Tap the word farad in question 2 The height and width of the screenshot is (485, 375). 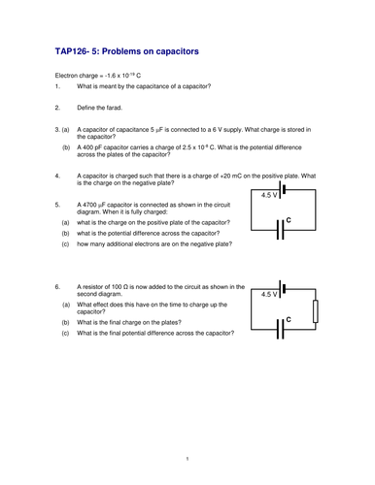(114, 108)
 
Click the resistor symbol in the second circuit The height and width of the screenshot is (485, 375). (316, 311)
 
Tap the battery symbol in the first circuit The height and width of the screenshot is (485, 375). (282, 189)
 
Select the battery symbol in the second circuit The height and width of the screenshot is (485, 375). (282, 289)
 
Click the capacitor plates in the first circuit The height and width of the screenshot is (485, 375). (281, 230)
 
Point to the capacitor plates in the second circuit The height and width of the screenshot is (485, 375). (281, 329)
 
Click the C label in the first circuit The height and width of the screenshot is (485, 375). (289, 220)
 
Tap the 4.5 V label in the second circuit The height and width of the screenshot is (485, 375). (269, 294)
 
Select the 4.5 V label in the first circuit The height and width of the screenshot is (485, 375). (269, 195)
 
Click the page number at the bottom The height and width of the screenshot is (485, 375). (187, 459)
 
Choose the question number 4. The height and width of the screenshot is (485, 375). (57, 176)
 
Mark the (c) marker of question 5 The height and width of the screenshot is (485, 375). (65, 244)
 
